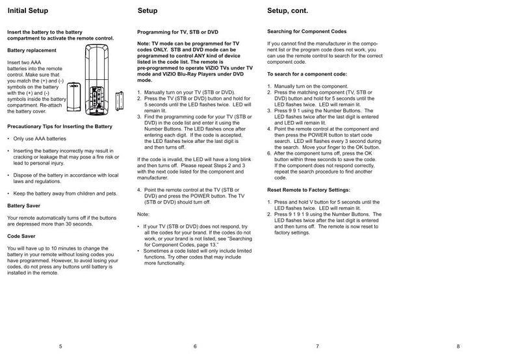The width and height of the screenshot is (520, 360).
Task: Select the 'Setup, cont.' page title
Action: tap(288, 11)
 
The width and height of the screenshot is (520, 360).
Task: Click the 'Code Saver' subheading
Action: tap(23, 237)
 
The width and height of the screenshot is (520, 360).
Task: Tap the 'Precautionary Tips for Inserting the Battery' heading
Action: tap(59, 126)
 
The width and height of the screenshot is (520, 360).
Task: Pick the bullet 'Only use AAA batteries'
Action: tap(38, 139)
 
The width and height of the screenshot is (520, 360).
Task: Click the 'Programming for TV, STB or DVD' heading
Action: tap(177, 32)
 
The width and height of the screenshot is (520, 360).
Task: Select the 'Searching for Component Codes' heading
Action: tap(307, 31)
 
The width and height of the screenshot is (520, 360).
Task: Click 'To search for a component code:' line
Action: tap(307, 74)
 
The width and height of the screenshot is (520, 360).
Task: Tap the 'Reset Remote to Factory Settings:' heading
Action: tap(309, 190)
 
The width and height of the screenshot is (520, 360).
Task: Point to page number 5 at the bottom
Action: tap(60, 346)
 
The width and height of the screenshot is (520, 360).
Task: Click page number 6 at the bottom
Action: tap(194, 346)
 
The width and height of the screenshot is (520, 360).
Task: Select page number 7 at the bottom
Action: tap(317, 346)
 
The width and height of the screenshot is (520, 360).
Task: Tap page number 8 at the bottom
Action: tap(458, 346)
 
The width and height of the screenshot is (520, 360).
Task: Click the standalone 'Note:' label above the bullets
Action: tap(144, 214)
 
